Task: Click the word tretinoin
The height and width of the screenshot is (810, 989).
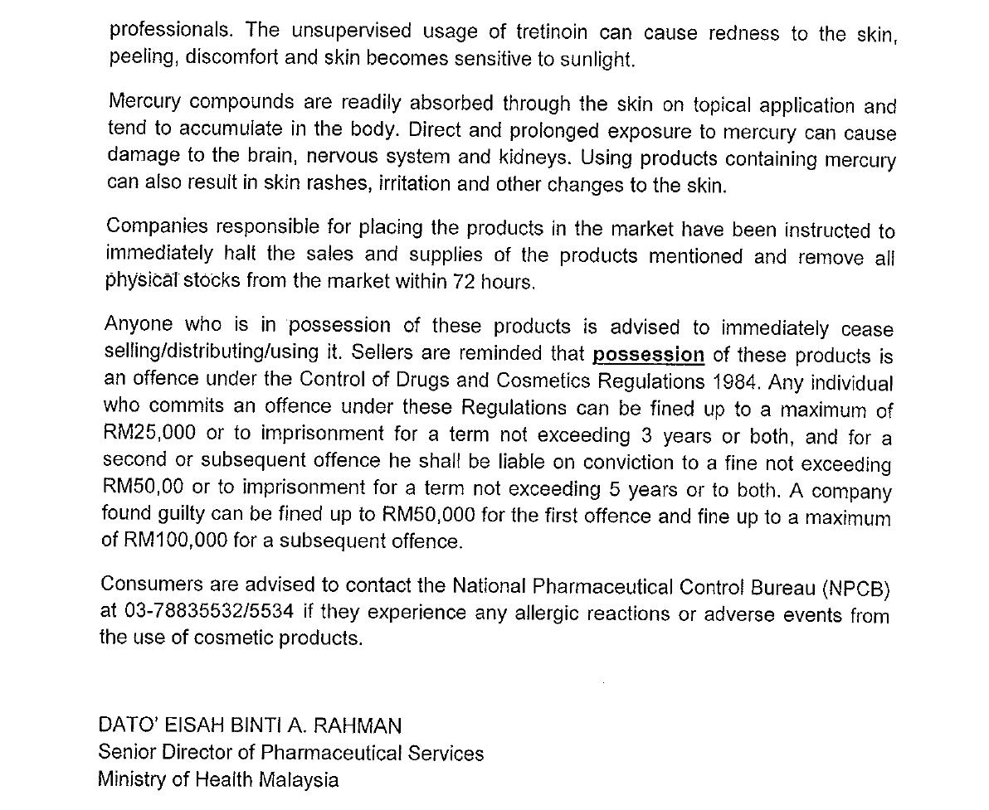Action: (x=552, y=32)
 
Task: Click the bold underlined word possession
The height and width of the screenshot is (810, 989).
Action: (x=648, y=355)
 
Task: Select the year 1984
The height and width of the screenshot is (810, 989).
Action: (x=737, y=382)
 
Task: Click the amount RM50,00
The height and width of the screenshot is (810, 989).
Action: (x=143, y=487)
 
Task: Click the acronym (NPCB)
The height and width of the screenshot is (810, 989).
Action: (x=856, y=589)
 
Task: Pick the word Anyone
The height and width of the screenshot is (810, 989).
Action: (x=138, y=324)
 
